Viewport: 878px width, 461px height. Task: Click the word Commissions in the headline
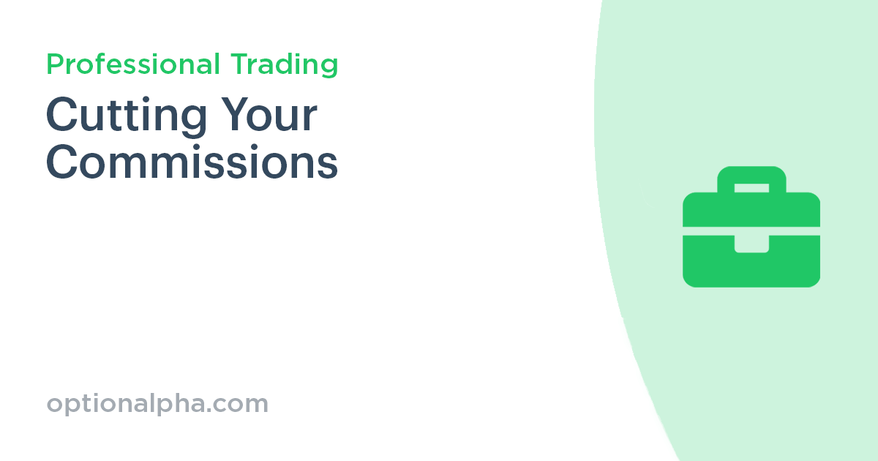[192, 163]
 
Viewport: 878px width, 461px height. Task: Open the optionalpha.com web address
[157, 404]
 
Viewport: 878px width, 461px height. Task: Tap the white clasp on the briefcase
[751, 243]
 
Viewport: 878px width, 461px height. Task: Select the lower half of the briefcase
[751, 263]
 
